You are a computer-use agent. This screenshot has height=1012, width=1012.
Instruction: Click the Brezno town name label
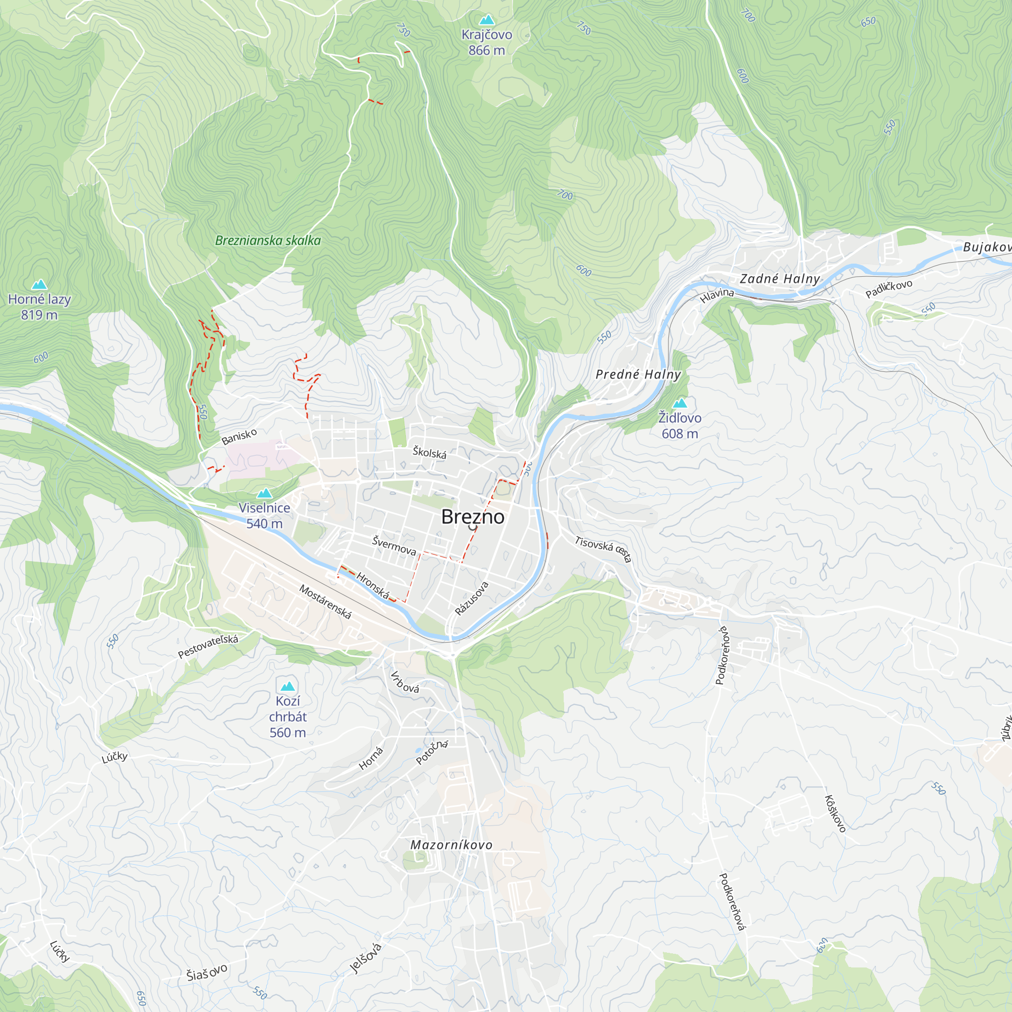pyautogui.click(x=473, y=517)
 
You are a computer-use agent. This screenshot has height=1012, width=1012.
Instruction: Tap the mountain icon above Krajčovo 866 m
pyautogui.click(x=487, y=20)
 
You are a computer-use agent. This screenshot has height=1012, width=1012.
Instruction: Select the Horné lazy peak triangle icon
pyautogui.click(x=39, y=284)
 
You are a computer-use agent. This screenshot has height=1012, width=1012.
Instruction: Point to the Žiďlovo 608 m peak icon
pyautogui.click(x=680, y=403)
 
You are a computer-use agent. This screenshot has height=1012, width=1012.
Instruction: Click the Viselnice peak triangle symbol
pyautogui.click(x=265, y=493)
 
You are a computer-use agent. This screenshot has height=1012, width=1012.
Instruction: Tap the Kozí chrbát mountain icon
pyautogui.click(x=287, y=686)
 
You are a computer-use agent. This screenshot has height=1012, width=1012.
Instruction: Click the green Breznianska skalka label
pyautogui.click(x=268, y=240)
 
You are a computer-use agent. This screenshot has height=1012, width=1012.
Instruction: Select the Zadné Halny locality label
pyautogui.click(x=779, y=279)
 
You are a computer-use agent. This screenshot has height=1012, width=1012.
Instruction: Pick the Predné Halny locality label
pyautogui.click(x=638, y=374)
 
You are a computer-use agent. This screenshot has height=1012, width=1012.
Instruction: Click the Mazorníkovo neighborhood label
pyautogui.click(x=451, y=845)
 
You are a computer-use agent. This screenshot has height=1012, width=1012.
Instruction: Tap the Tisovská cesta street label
pyautogui.click(x=603, y=549)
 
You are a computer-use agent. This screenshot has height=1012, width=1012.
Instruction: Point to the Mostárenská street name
pyautogui.click(x=325, y=602)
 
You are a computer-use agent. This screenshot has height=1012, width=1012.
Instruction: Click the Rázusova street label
pyautogui.click(x=472, y=598)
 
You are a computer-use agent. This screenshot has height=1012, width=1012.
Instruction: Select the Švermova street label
pyautogui.click(x=394, y=545)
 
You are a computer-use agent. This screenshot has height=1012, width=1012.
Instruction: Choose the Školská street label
pyautogui.click(x=429, y=452)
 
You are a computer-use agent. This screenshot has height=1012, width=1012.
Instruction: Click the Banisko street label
pyautogui.click(x=239, y=436)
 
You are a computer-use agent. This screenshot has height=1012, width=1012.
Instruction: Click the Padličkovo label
pyautogui.click(x=889, y=288)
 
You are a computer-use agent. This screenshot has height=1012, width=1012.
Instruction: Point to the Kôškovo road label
pyautogui.click(x=835, y=814)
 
